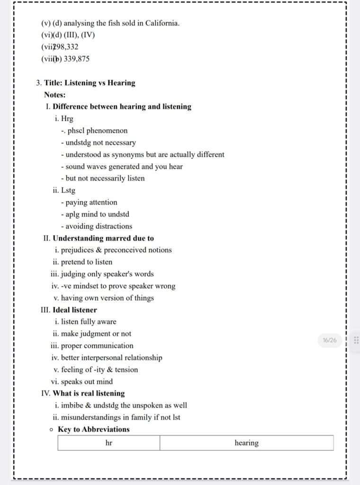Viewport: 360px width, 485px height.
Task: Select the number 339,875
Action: click(x=76, y=59)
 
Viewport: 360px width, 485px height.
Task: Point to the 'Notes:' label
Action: click(x=55, y=95)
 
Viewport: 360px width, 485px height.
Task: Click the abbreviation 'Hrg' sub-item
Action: click(x=67, y=119)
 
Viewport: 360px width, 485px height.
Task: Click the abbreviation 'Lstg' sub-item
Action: click(x=68, y=190)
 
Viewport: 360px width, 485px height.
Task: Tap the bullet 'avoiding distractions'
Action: click(x=99, y=226)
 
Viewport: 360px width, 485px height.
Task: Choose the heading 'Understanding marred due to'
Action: click(x=103, y=238)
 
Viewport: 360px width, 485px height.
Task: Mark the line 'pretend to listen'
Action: click(x=87, y=262)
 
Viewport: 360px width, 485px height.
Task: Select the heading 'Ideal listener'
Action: click(x=75, y=310)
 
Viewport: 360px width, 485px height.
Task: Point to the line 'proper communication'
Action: click(x=97, y=346)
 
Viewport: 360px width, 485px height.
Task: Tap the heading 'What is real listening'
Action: click(x=89, y=394)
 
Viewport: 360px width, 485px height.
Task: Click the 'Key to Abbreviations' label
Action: click(x=94, y=430)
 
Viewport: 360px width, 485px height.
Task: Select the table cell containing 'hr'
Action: click(x=109, y=443)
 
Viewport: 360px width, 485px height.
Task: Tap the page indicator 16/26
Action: click(x=329, y=340)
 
